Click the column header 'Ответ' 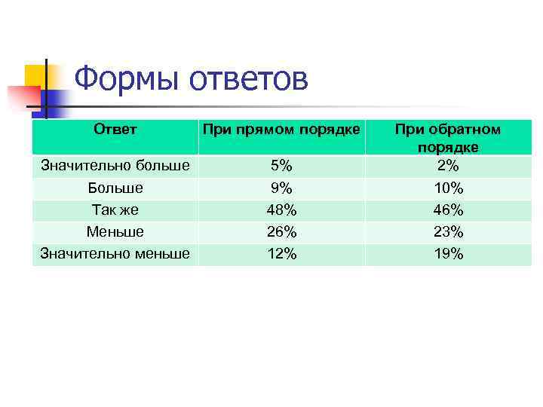tap(115, 130)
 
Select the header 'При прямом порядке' tap(281, 130)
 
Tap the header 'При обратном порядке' tap(449, 138)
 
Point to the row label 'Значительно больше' tap(115, 165)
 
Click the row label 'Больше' tap(115, 187)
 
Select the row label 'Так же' tap(115, 210)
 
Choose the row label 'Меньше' tap(115, 231)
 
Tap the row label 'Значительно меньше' tap(115, 254)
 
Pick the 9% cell tap(281, 188)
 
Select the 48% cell tap(281, 210)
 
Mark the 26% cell tap(281, 232)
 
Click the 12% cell tap(281, 254)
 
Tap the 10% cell tap(449, 188)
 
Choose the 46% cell tap(449, 210)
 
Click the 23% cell tap(449, 232)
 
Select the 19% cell tap(449, 254)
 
